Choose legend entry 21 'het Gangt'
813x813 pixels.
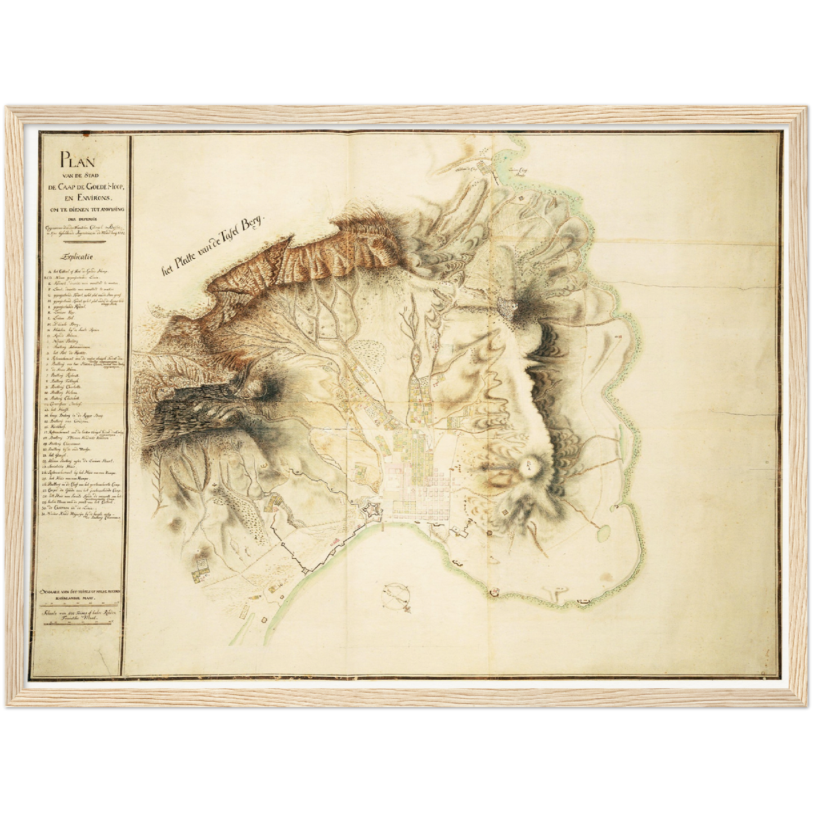point(59,455)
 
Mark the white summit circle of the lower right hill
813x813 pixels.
point(529,465)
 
